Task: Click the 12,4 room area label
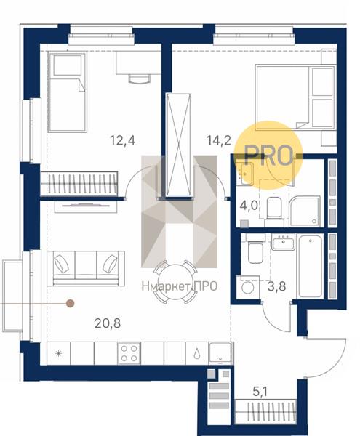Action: (123, 140)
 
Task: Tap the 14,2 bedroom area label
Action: (219, 140)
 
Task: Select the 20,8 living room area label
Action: (108, 323)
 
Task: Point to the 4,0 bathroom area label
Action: (249, 206)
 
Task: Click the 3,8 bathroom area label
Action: (276, 286)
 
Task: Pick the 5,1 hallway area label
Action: (260, 392)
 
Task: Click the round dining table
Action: (175, 281)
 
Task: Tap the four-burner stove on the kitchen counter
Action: (129, 353)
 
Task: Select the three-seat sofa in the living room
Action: (86, 268)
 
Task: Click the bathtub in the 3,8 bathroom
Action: (311, 266)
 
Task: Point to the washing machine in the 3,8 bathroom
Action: (247, 287)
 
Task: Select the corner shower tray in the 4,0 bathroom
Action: (305, 211)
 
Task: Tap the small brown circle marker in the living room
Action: (70, 303)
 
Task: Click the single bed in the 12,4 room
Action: (67, 92)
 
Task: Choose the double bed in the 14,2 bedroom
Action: (295, 97)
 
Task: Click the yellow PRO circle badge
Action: (268, 156)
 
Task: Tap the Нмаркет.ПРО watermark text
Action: (179, 286)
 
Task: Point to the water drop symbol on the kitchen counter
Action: (197, 353)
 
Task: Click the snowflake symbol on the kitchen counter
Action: (58, 353)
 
